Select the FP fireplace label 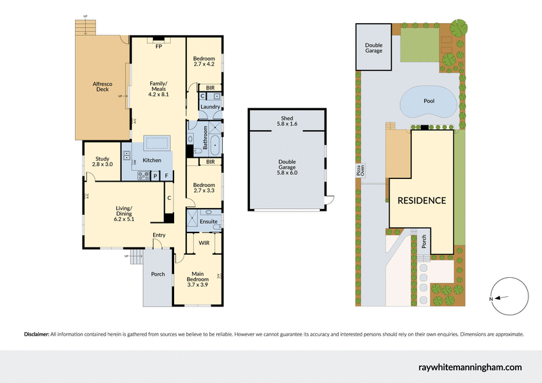(x=159, y=47)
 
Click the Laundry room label (x=209, y=106)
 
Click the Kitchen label (x=152, y=160)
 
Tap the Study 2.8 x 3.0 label (x=102, y=162)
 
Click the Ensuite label (x=209, y=222)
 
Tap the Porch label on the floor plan (x=157, y=274)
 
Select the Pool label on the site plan (x=428, y=101)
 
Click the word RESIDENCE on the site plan (x=421, y=201)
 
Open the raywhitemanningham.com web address (x=470, y=367)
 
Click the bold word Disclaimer (x=37, y=334)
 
